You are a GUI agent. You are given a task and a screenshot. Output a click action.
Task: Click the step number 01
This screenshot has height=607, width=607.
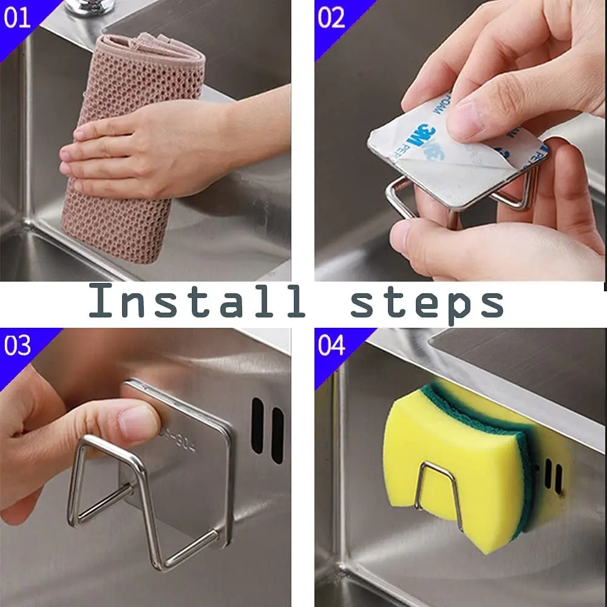pyautogui.click(x=17, y=18)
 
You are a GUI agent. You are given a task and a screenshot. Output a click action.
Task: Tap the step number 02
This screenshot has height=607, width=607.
pyautogui.click(x=331, y=18)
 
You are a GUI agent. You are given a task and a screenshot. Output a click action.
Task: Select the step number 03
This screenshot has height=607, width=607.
pyautogui.click(x=17, y=346)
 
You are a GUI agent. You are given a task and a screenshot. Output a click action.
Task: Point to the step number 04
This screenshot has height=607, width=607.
pyautogui.click(x=331, y=346)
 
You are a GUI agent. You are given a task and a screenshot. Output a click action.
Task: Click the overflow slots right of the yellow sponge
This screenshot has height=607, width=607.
pyautogui.click(x=552, y=473)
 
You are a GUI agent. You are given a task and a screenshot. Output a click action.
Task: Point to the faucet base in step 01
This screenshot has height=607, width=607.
pyautogui.click(x=85, y=7)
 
